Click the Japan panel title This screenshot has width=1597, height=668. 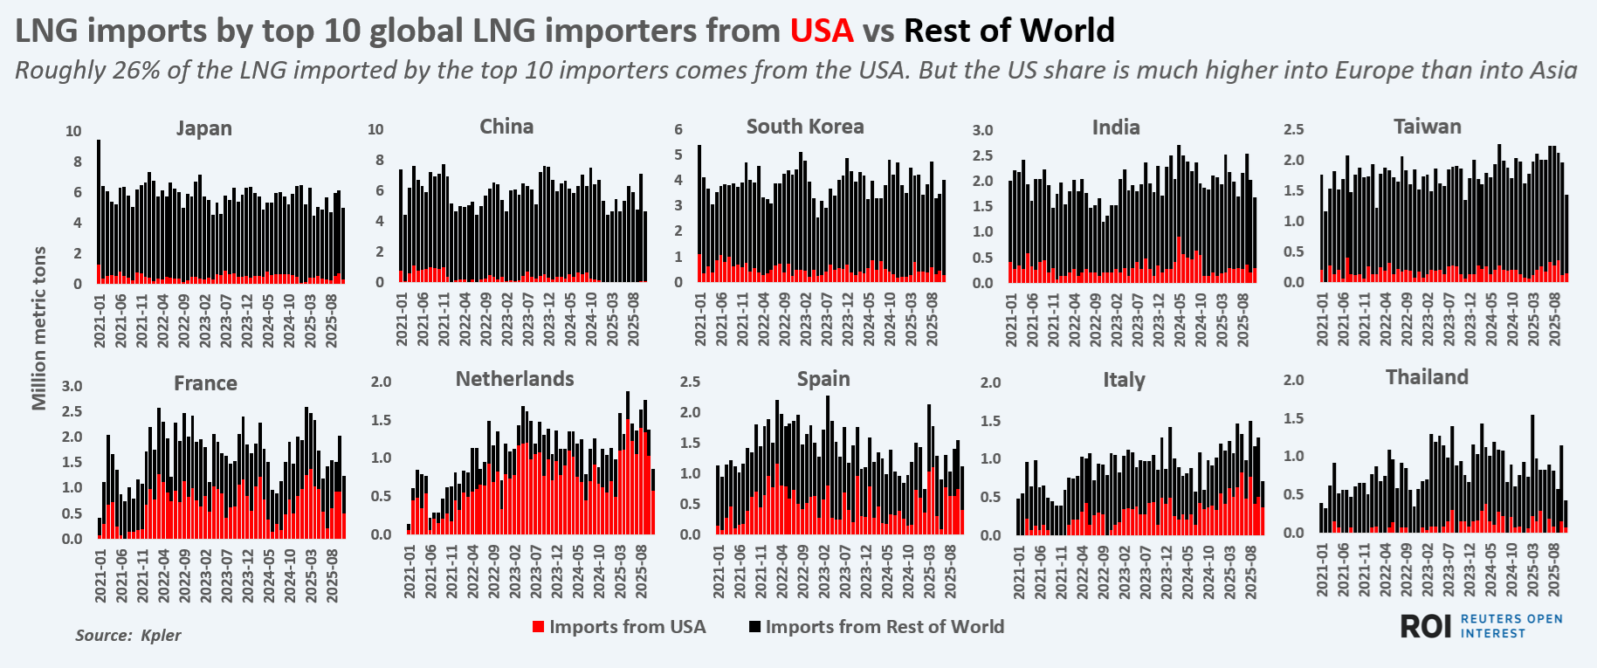(203, 128)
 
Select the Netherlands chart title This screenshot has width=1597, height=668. (514, 379)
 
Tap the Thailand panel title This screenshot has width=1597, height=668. (1427, 377)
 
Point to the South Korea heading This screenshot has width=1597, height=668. (804, 127)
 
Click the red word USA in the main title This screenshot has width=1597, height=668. (822, 31)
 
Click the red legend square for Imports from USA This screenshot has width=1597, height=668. (539, 627)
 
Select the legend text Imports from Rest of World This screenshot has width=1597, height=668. (885, 627)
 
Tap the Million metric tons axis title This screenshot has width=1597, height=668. (38, 327)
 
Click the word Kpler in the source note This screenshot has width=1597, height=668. (161, 635)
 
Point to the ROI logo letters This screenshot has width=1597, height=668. (1425, 626)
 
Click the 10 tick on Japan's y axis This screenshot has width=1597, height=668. (73, 131)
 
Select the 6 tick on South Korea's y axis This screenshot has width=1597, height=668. (678, 129)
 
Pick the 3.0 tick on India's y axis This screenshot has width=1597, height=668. (982, 130)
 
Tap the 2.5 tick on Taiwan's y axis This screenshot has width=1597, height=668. (1293, 129)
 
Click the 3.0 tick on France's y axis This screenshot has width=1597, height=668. (72, 386)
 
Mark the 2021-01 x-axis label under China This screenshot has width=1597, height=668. (403, 320)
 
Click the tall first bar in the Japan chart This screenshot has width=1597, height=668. (99, 210)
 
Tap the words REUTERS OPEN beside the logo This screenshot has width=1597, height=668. (1511, 619)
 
